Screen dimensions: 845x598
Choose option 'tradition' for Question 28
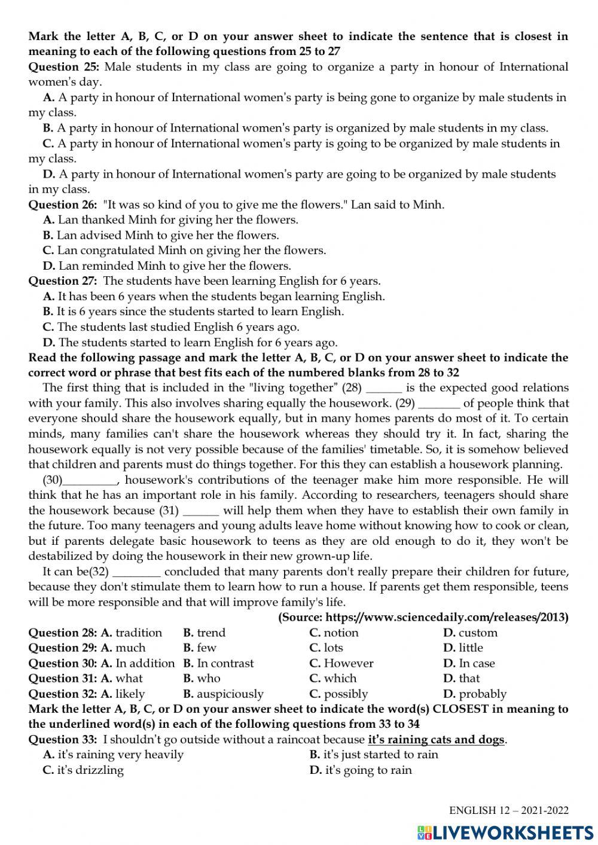click(x=138, y=633)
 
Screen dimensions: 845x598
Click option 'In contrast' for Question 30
click(x=225, y=663)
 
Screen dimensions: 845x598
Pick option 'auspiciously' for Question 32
click(x=230, y=694)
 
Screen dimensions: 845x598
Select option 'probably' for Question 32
click(x=482, y=694)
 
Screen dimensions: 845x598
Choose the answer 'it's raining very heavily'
click(x=120, y=755)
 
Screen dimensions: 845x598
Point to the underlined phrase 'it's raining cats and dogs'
click(x=437, y=740)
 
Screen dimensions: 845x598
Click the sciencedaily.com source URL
click(x=423, y=617)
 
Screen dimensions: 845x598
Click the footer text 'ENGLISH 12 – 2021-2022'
click(x=509, y=811)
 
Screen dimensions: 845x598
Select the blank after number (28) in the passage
click(x=383, y=388)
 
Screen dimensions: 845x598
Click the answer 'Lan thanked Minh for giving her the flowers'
click(x=177, y=219)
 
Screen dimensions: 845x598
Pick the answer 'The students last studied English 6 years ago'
click(x=178, y=327)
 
